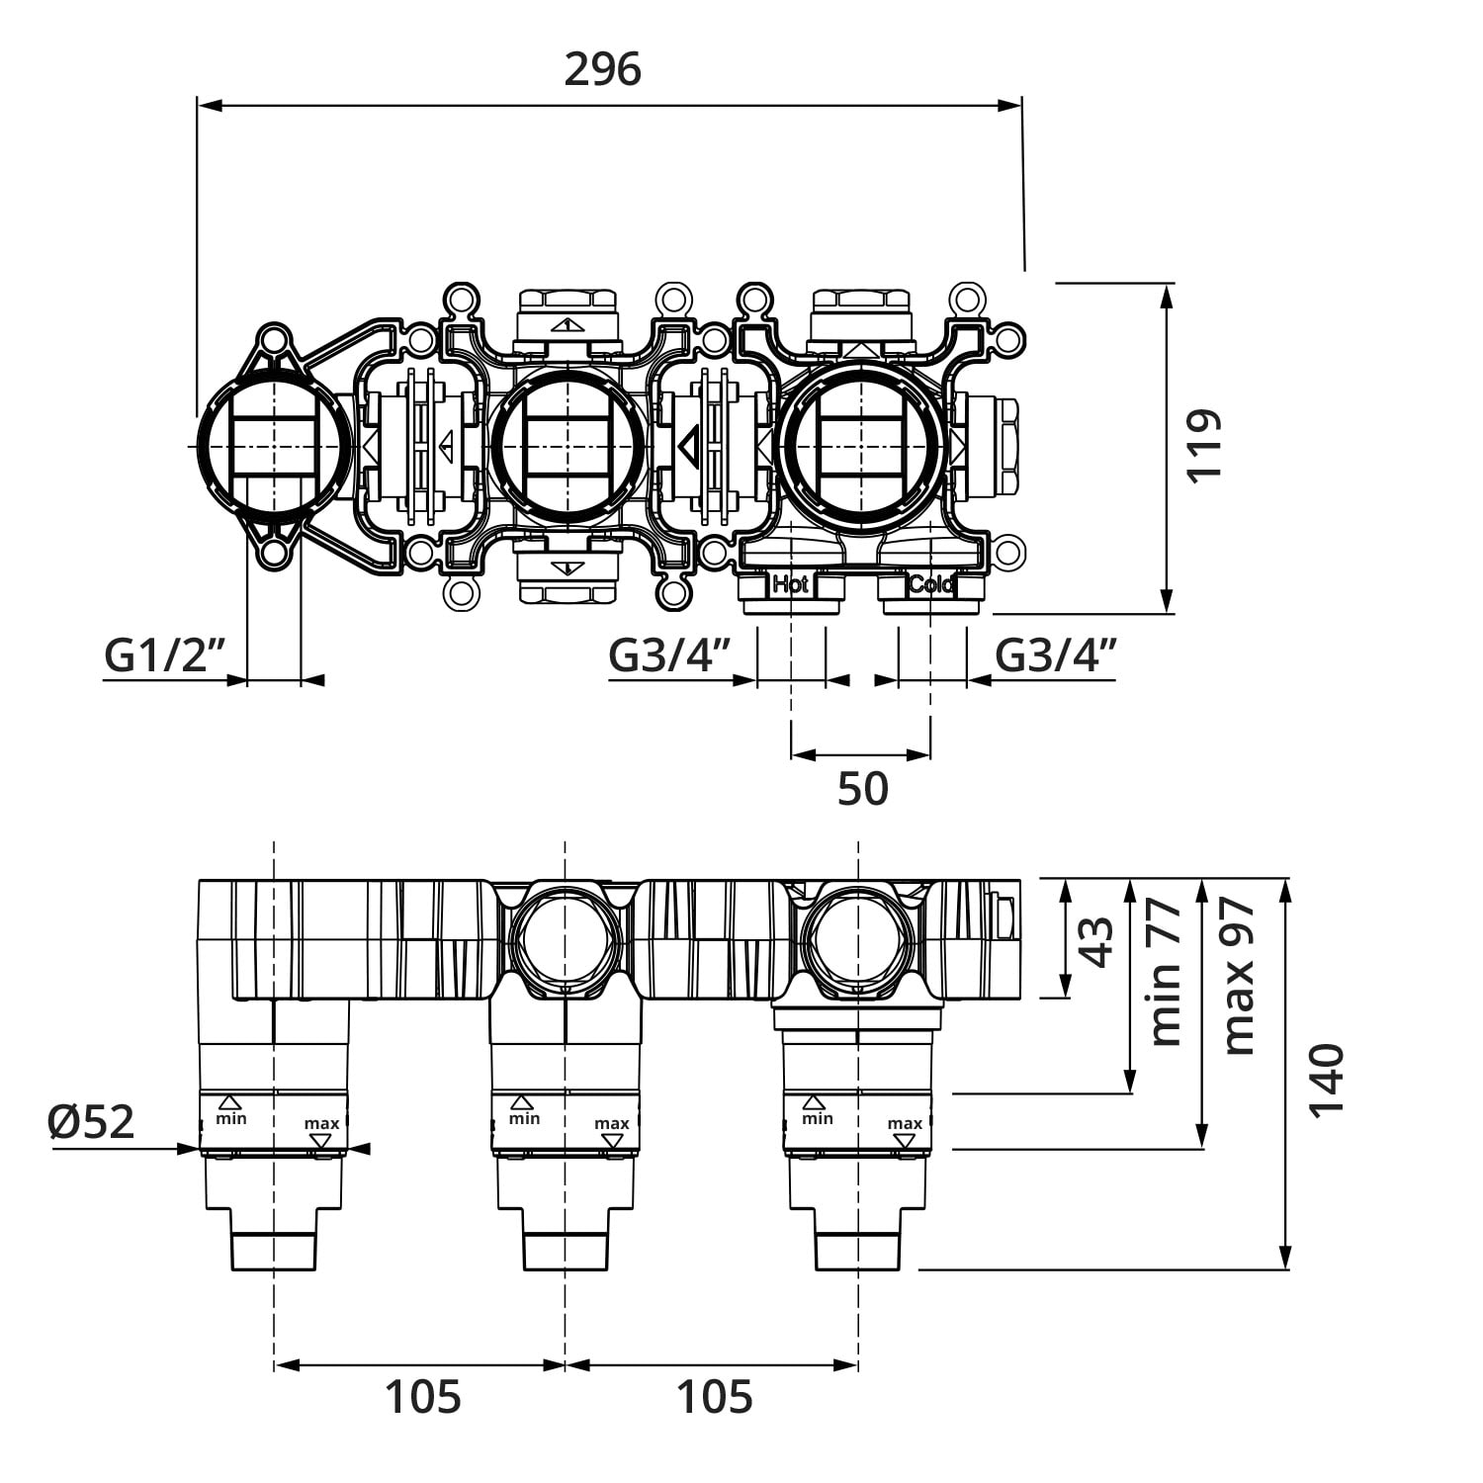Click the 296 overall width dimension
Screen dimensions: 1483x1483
[x=602, y=69]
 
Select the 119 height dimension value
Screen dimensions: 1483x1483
[x=1204, y=445]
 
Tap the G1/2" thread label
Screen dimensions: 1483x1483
[x=166, y=655]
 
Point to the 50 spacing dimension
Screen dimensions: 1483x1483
[x=862, y=789]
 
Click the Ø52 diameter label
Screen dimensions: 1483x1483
[x=91, y=1121]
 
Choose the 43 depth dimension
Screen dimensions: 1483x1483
[x=1095, y=940]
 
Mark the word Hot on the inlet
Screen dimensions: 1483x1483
[x=790, y=584]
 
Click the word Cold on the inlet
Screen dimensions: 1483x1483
[x=931, y=584]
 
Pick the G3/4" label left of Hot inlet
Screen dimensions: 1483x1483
[x=669, y=655]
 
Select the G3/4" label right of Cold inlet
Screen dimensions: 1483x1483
[x=1056, y=655]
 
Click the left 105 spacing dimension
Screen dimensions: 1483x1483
[x=422, y=1397]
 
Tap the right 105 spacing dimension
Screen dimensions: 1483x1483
[x=714, y=1397]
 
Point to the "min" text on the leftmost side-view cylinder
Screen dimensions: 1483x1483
[x=231, y=1118]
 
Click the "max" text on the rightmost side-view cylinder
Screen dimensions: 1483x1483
[x=905, y=1123]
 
